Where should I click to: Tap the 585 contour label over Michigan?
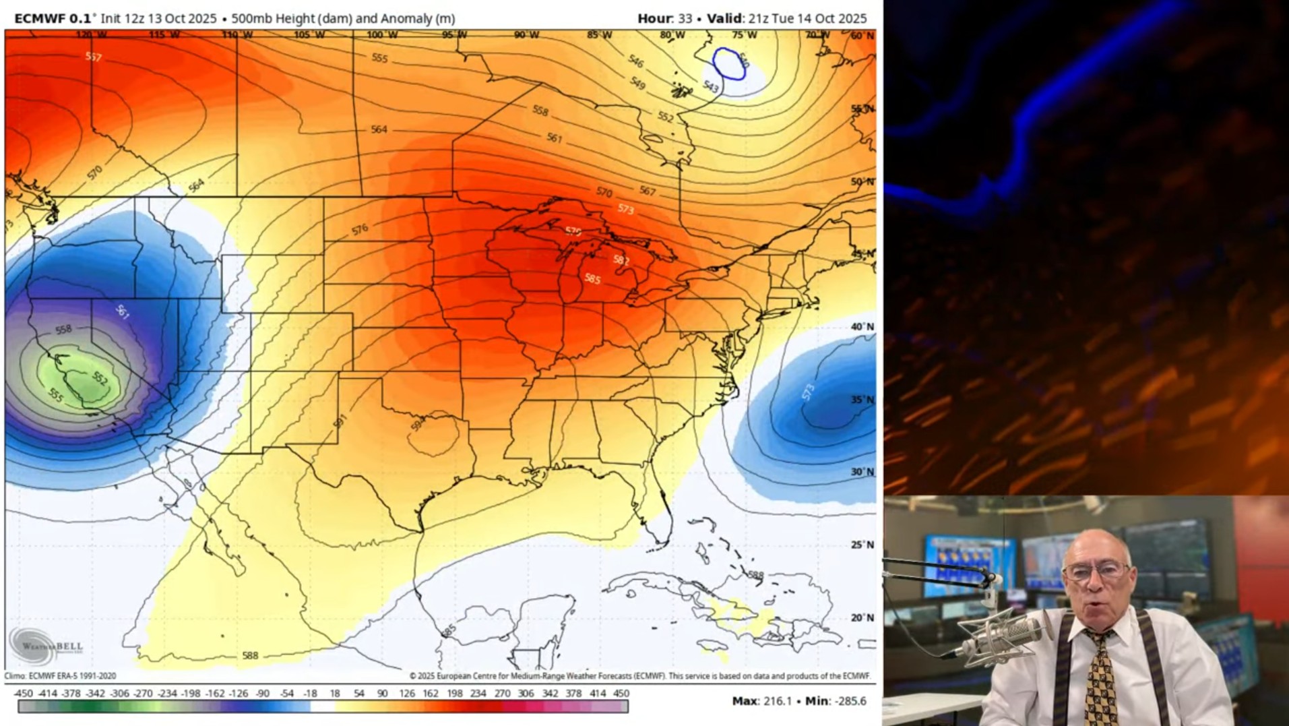tap(592, 278)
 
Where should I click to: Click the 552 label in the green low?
tap(100, 378)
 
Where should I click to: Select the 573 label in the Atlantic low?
tap(808, 392)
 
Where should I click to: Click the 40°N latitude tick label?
tap(862, 327)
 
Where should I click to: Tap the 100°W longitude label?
tap(382, 35)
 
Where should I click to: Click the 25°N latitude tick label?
tap(862, 545)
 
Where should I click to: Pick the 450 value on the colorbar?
tap(621, 693)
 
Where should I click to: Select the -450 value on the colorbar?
tap(23, 693)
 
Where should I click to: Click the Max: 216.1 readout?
tap(761, 701)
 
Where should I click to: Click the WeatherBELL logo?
tap(44, 646)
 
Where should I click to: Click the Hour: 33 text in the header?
tap(664, 18)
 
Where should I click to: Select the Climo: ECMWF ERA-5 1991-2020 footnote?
tap(60, 675)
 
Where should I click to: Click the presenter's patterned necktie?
tap(1100, 681)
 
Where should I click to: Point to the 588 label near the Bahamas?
tap(755, 575)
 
